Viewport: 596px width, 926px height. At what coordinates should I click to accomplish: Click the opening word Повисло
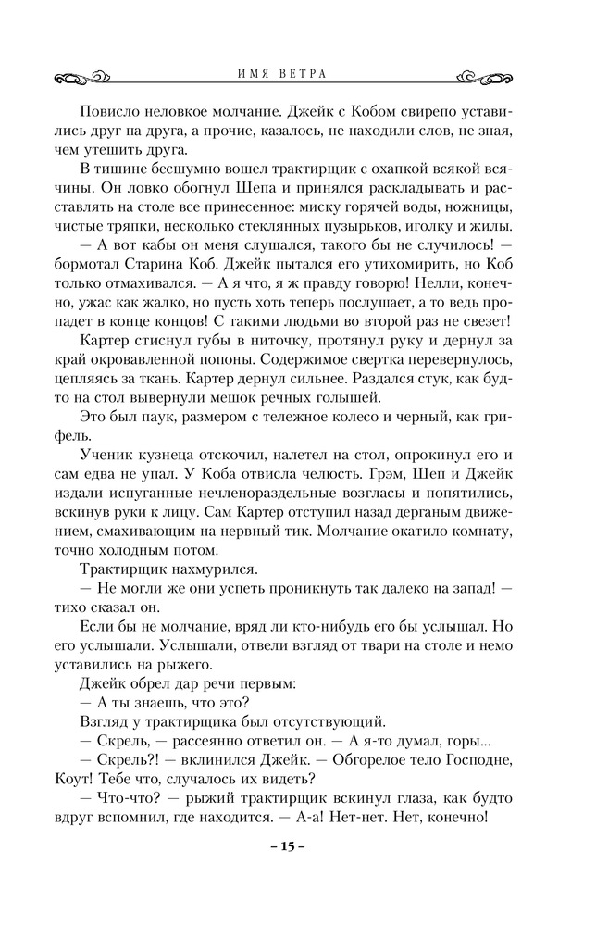pyautogui.click(x=115, y=110)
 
